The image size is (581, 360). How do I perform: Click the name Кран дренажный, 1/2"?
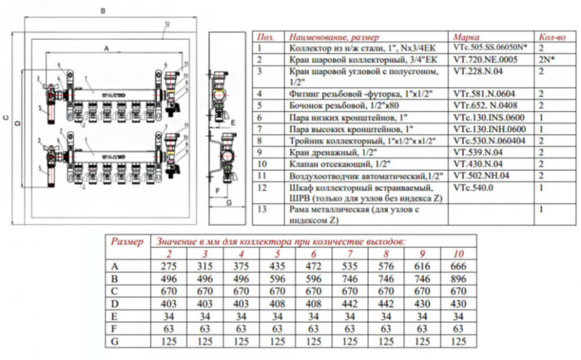(325, 153)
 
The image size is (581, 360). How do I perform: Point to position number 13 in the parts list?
(265, 210)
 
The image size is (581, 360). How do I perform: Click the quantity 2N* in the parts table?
(545, 60)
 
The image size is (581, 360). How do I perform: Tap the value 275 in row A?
(170, 265)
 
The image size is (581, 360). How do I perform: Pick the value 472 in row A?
(313, 265)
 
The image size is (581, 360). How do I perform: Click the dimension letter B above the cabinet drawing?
(101, 11)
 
